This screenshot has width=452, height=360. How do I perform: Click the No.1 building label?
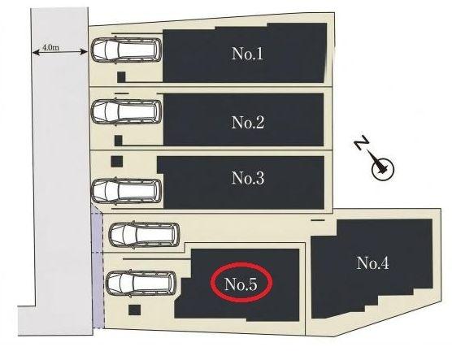(247, 54)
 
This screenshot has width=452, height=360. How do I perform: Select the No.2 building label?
(248, 122)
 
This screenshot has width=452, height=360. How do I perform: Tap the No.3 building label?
(248, 178)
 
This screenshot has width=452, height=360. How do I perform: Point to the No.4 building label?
(372, 262)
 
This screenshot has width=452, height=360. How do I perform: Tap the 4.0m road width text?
(51, 48)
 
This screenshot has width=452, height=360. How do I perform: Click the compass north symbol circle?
(382, 169)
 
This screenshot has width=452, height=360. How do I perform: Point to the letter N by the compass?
(362, 142)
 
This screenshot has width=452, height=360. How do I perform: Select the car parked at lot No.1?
(126, 50)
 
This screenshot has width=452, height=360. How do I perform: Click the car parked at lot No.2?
(127, 112)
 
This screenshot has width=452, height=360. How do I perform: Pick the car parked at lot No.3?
(126, 190)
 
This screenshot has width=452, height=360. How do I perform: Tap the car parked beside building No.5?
(141, 284)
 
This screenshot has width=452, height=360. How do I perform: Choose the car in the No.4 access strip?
(144, 235)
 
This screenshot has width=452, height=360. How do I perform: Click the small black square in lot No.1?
(121, 77)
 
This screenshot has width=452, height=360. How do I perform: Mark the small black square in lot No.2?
(118, 141)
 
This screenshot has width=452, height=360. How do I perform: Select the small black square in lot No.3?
(117, 162)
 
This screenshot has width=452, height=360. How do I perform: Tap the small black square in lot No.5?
(134, 310)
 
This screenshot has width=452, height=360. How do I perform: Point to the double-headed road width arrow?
(59, 52)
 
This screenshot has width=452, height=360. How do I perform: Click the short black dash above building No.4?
(318, 220)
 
